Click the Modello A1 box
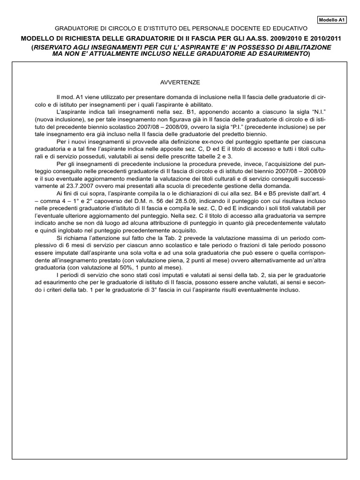click(332, 20)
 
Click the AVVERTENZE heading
click(180, 82)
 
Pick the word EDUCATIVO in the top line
click(288, 29)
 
